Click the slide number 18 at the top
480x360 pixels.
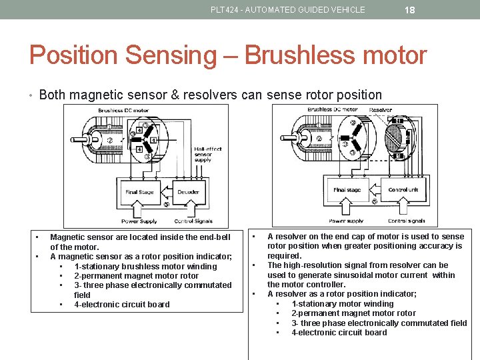point(410,9)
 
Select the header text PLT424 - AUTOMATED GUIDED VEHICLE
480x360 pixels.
point(287,10)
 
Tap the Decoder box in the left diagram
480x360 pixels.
point(188,191)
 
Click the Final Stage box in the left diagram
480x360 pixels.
point(139,191)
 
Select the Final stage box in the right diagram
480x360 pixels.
point(347,189)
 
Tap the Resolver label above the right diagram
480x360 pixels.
point(381,110)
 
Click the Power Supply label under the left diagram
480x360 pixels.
point(139,221)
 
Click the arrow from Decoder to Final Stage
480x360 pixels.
point(167,191)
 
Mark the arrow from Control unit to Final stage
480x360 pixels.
point(375,189)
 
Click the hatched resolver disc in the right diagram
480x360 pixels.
point(395,137)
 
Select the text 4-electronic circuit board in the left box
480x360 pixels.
point(122,305)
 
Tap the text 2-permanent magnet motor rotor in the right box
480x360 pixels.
point(353,313)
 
